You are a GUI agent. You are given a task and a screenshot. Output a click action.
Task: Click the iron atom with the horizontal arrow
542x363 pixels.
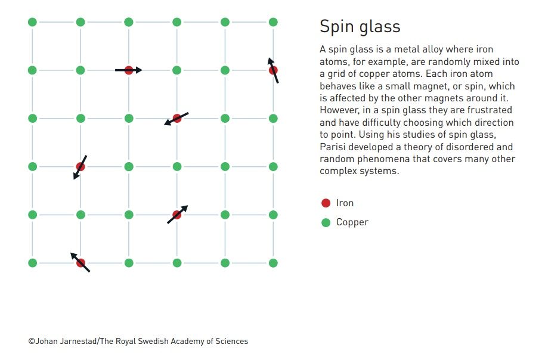click(x=129, y=70)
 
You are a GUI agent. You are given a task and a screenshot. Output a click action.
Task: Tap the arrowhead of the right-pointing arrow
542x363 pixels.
click(x=138, y=70)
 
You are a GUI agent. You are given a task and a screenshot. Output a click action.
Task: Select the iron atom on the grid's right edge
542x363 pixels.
click(x=273, y=70)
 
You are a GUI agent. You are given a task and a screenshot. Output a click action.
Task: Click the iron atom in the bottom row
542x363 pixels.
click(x=80, y=263)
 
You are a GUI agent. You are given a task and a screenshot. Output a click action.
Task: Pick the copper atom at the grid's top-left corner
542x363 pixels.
click(x=32, y=22)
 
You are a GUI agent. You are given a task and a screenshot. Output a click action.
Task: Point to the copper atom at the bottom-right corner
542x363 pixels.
click(x=273, y=263)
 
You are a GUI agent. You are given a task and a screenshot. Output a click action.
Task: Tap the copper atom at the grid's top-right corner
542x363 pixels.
click(x=273, y=22)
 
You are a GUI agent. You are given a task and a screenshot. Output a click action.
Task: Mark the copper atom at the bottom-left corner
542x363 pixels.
click(x=32, y=263)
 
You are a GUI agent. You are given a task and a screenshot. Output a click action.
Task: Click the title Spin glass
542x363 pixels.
click(x=360, y=27)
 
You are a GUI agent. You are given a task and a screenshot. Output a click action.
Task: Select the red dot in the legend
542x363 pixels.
click(x=326, y=203)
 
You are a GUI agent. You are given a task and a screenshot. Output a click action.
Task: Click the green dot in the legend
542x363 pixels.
click(x=326, y=222)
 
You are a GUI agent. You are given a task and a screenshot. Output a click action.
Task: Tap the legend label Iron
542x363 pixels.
click(x=345, y=203)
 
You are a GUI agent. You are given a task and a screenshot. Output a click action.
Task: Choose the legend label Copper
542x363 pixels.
click(x=352, y=222)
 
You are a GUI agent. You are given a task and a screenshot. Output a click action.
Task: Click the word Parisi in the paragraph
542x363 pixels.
click(x=331, y=147)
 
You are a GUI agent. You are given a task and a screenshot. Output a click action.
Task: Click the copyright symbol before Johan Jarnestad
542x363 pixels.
click(x=32, y=341)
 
